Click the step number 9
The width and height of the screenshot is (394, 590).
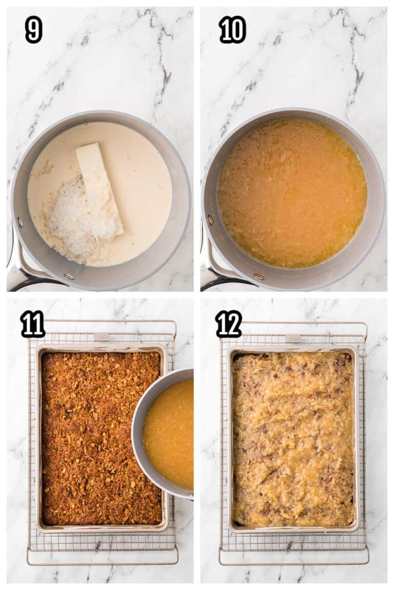(33, 30)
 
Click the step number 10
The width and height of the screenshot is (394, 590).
(232, 30)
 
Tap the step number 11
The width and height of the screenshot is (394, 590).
(33, 324)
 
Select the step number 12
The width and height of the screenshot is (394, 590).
(229, 324)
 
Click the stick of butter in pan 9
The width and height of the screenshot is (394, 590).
(100, 188)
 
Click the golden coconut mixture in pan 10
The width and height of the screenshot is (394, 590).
(292, 194)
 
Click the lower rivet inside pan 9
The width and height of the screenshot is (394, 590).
(69, 277)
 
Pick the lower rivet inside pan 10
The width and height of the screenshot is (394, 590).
(259, 277)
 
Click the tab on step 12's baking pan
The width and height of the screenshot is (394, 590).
(293, 338)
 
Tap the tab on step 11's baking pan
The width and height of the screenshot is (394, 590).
(102, 337)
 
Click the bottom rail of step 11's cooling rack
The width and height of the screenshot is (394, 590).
(103, 563)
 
